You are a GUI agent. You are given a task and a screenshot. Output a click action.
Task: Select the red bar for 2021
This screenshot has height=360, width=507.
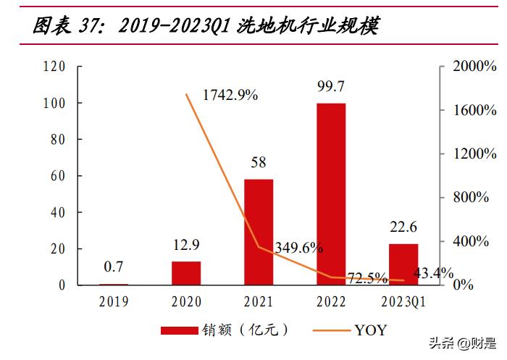click(x=259, y=232)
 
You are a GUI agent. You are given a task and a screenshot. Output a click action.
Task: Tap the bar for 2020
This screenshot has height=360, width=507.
click(x=186, y=273)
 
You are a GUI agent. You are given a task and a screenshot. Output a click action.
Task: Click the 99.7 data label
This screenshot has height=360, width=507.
click(x=330, y=87)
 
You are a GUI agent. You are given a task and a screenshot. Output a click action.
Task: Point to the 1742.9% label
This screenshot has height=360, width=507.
click(x=230, y=95)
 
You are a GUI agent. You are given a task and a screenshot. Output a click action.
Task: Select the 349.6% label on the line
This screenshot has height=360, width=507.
click(x=298, y=248)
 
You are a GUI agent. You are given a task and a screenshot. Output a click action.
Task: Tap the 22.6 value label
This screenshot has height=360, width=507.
click(x=403, y=227)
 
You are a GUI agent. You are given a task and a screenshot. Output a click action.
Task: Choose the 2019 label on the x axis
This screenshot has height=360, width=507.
click(x=113, y=301)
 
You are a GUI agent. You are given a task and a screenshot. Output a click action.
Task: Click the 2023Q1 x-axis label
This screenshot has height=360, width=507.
click(x=403, y=301)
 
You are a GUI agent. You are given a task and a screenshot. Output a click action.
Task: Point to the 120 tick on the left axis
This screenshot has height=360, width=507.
click(x=55, y=67)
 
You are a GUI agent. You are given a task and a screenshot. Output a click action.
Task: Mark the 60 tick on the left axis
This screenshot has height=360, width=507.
click(x=58, y=176)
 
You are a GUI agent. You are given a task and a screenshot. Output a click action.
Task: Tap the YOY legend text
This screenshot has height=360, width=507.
click(x=370, y=330)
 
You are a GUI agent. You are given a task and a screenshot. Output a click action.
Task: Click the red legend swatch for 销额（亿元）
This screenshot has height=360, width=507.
click(x=189, y=330)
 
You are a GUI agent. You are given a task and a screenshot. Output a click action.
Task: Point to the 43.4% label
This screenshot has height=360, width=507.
click(x=433, y=274)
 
